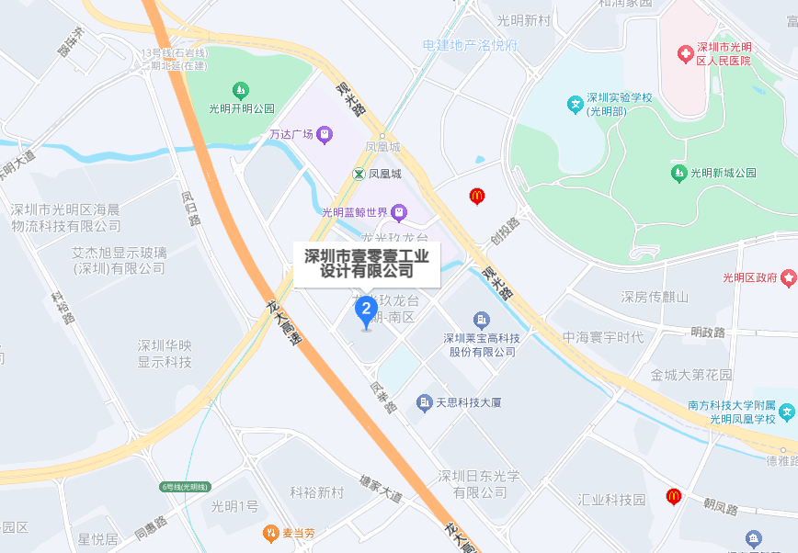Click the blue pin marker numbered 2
tap(366, 309)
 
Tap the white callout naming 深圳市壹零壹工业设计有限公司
tap(367, 263)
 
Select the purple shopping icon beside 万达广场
tap(325, 135)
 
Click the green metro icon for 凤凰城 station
tap(358, 174)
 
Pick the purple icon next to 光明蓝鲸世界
tap(398, 213)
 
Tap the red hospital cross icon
tap(683, 54)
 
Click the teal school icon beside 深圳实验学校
tap(575, 104)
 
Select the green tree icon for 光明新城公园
tap(678, 172)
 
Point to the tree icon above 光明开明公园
tap(240, 90)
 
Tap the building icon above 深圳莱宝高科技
tap(481, 321)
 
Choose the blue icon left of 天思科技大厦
tap(424, 402)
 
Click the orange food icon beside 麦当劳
tap(270, 533)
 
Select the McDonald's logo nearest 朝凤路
tap(674, 496)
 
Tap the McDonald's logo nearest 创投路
tap(476, 195)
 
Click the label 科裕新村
tap(316, 493)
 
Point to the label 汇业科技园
tap(611, 500)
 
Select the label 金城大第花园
tap(691, 375)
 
